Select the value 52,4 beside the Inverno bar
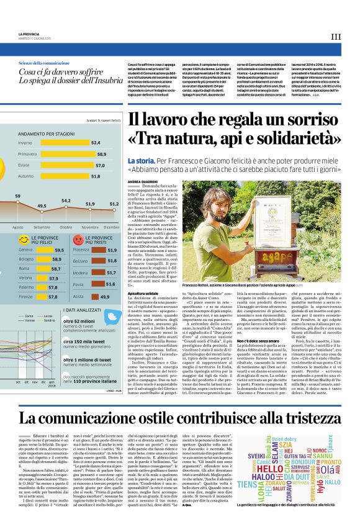[96, 142]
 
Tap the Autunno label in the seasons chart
[26, 176]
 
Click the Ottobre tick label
[66, 227]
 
